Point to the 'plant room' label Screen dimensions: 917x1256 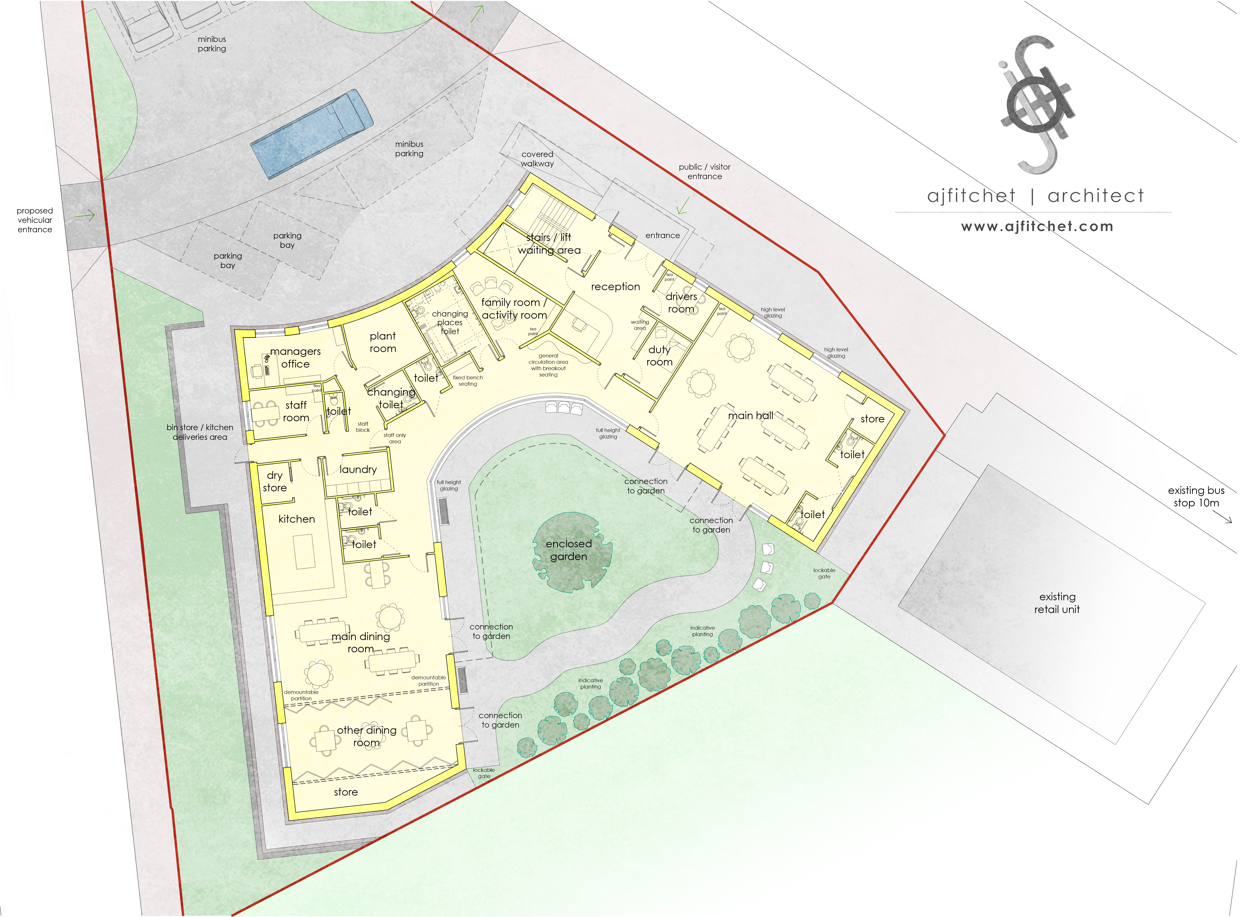tap(383, 342)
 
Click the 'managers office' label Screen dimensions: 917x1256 tap(295, 357)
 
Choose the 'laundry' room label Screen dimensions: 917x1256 tap(358, 470)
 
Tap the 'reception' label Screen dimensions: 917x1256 tap(615, 286)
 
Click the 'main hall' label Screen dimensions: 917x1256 tap(750, 415)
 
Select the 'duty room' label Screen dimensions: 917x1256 tap(659, 356)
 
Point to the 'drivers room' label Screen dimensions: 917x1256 tap(681, 303)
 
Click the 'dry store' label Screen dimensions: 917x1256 tap(275, 481)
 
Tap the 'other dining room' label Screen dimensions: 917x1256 tap(366, 736)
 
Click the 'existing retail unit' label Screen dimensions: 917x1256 tap(1057, 603)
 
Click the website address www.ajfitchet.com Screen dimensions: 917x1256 tap(1037, 226)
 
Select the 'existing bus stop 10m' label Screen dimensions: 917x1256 tap(1196, 497)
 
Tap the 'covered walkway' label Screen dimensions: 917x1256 tap(537, 159)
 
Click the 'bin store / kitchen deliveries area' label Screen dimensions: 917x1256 tap(200, 432)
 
